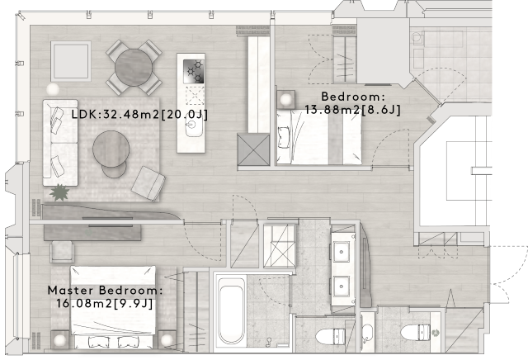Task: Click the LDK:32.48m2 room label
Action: pos(139,114)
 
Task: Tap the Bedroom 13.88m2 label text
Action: pos(353,102)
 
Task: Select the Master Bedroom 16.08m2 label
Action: pos(105,297)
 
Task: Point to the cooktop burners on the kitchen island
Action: pos(195,71)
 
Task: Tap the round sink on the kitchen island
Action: pos(194,128)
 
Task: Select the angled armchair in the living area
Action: pos(148,183)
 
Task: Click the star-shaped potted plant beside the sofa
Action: pos(59,193)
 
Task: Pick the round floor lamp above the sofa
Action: pos(54,88)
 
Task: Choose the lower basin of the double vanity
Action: pos(341,286)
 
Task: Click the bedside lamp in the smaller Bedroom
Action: pos(286,100)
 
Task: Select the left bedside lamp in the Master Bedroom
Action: pos(59,338)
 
